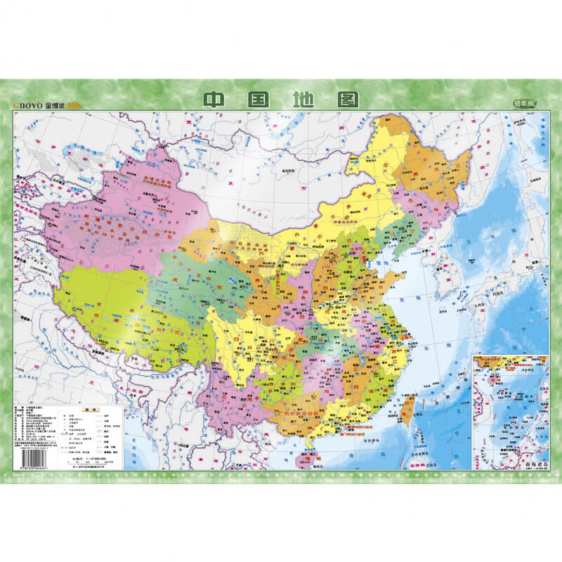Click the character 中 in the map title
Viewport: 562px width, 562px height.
point(214,99)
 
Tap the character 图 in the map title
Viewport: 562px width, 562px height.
point(346,99)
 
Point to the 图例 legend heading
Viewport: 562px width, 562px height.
point(90,409)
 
